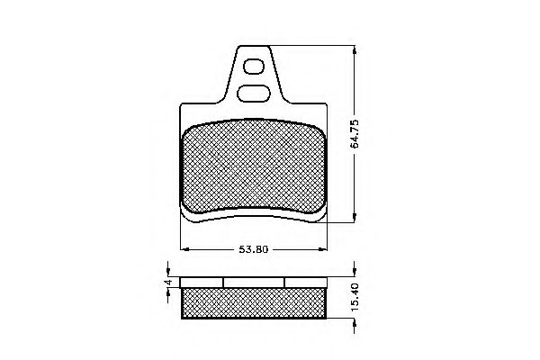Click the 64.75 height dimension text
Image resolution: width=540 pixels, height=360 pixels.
click(x=357, y=131)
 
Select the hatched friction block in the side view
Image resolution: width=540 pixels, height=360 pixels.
click(x=253, y=303)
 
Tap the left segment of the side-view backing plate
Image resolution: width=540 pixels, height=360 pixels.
click(x=202, y=282)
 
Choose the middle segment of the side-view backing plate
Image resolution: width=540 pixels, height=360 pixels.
click(x=254, y=282)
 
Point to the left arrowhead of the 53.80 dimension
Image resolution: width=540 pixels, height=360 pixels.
click(x=184, y=249)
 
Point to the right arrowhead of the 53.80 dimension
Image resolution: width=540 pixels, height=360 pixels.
click(x=323, y=249)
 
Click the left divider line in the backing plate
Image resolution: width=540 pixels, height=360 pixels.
click(x=223, y=282)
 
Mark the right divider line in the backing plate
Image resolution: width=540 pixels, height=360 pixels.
click(x=284, y=282)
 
